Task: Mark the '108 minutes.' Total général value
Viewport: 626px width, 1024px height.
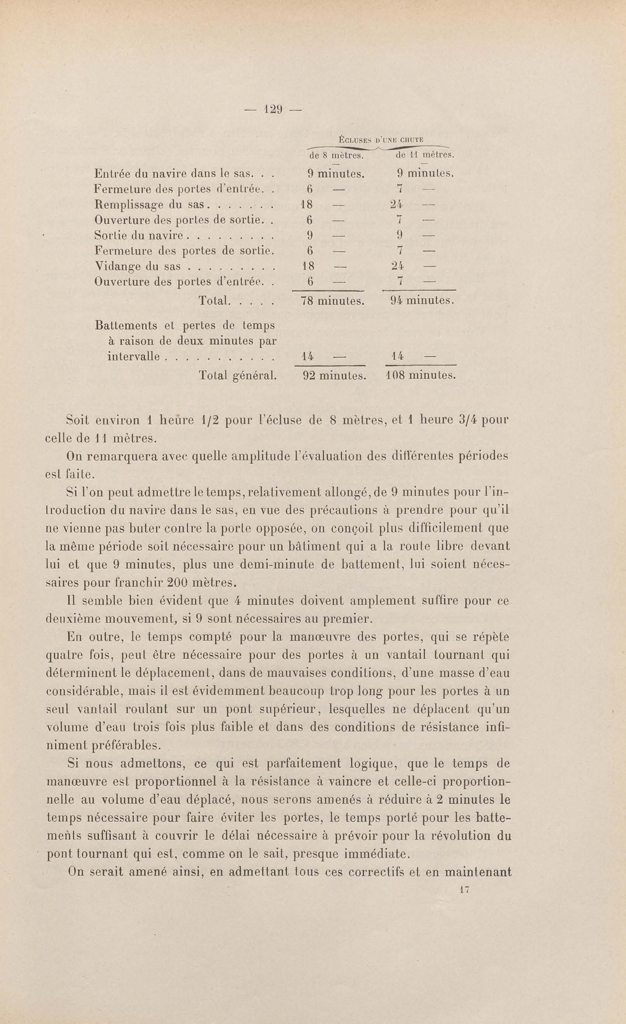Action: [421, 376]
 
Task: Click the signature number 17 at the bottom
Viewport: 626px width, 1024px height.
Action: [465, 890]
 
